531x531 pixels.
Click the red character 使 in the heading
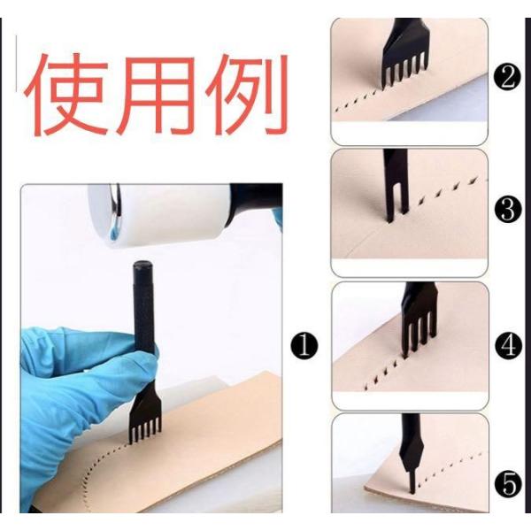tap(65, 95)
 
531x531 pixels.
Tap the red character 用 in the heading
tap(157, 96)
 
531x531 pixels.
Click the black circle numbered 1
tap(304, 345)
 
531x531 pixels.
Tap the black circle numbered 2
tap(507, 78)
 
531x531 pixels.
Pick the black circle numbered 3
tap(507, 210)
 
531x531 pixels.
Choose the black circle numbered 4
tap(508, 346)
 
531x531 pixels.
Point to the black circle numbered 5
tap(508, 484)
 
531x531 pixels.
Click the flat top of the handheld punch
tap(142, 264)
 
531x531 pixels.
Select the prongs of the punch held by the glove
tap(144, 432)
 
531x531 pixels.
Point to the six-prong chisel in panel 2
tap(404, 54)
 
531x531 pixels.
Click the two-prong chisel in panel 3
tap(396, 186)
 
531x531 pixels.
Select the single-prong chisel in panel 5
tap(411, 452)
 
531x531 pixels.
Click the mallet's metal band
tap(116, 204)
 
